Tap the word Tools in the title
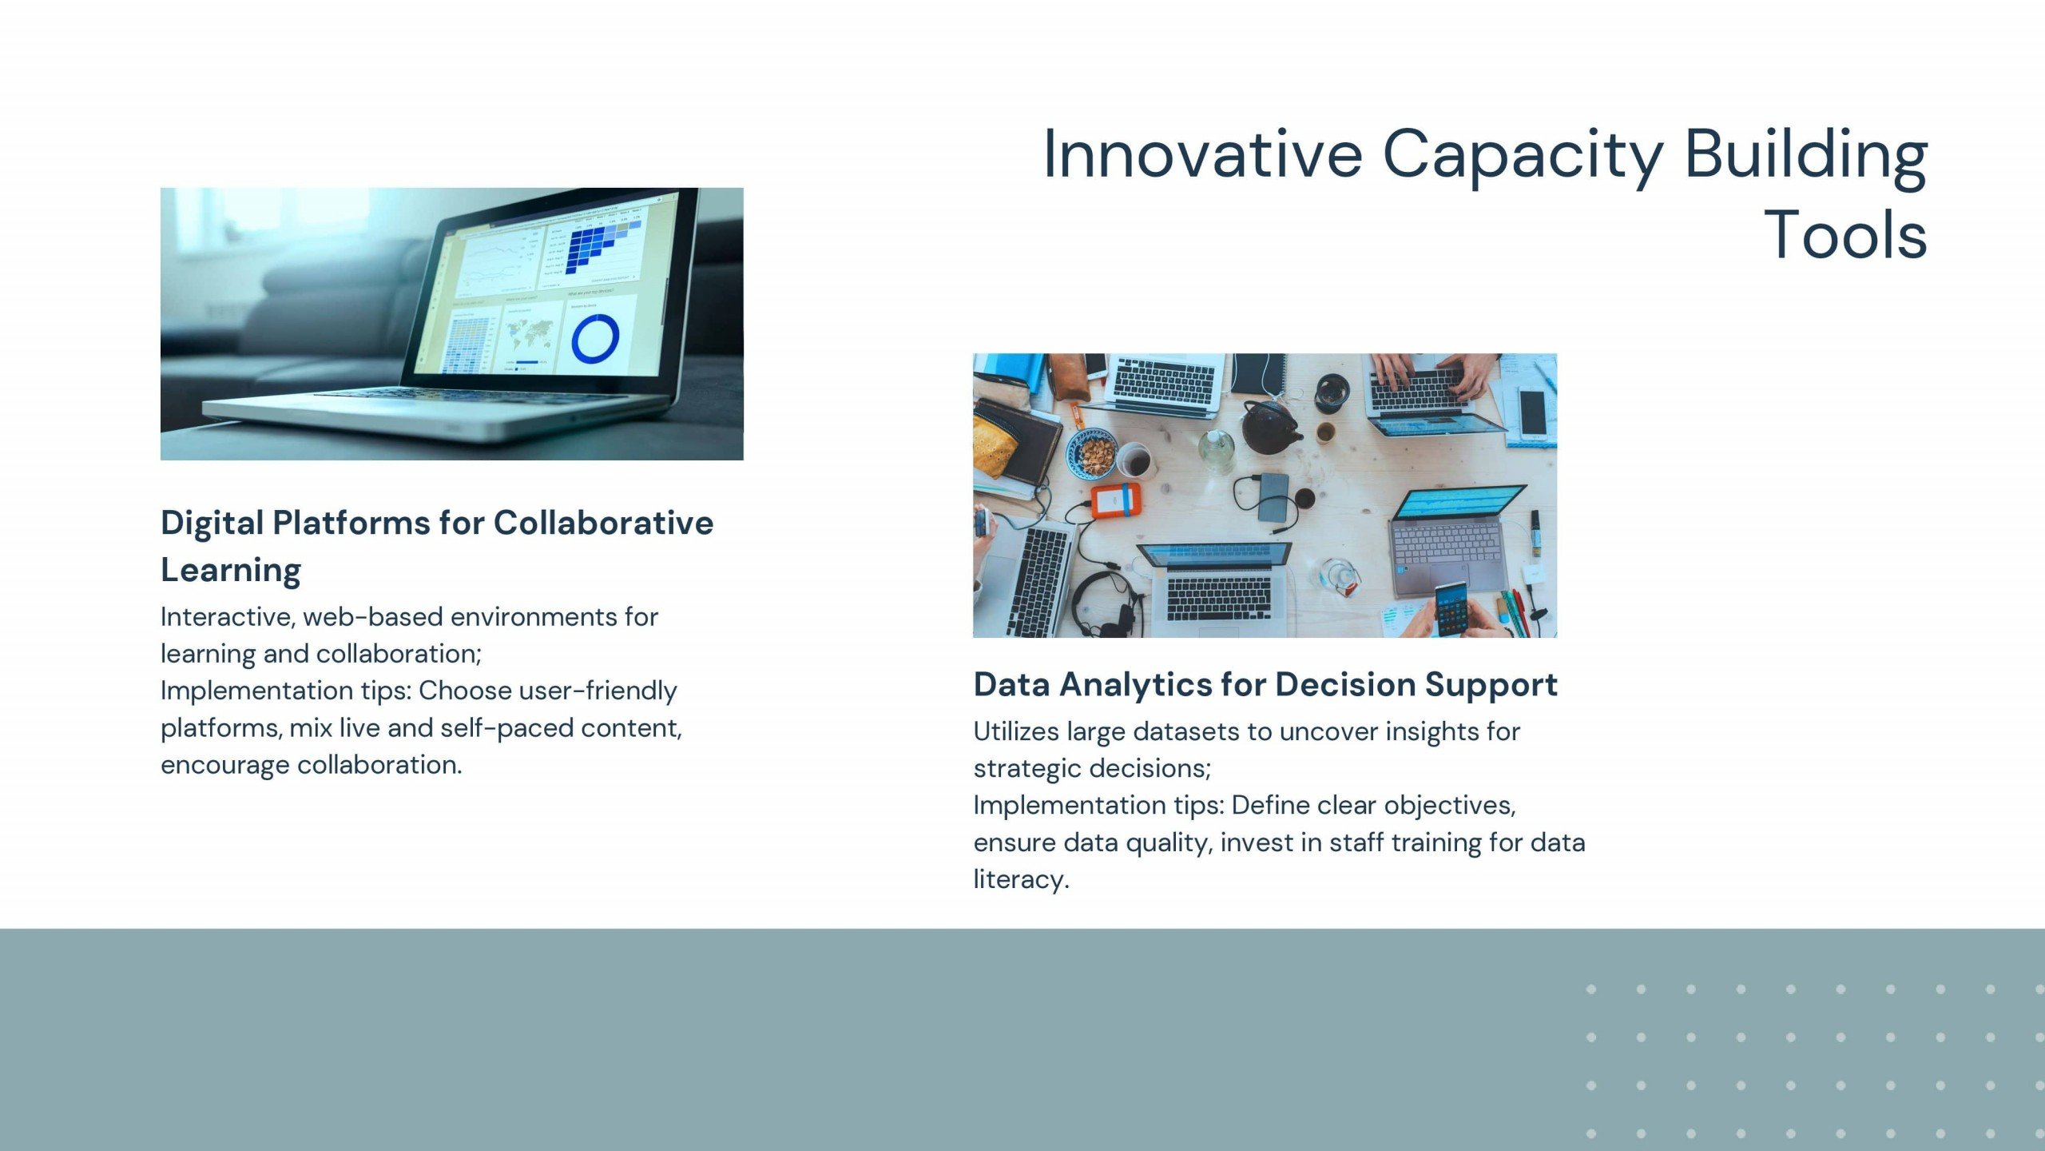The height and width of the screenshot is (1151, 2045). coord(1844,235)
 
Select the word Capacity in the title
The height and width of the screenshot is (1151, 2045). coord(1523,157)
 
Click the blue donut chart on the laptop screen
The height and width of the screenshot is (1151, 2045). coord(595,338)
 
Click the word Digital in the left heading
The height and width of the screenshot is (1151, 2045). coord(212,524)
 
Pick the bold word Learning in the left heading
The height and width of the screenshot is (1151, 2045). coord(231,571)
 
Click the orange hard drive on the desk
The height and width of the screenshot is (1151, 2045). coord(1117,500)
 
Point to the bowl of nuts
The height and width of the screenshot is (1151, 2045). coord(1092,453)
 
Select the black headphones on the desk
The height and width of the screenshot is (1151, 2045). coord(1104,603)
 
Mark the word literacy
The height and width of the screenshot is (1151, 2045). coord(1021,880)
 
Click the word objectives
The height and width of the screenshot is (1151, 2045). coord(1450,806)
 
